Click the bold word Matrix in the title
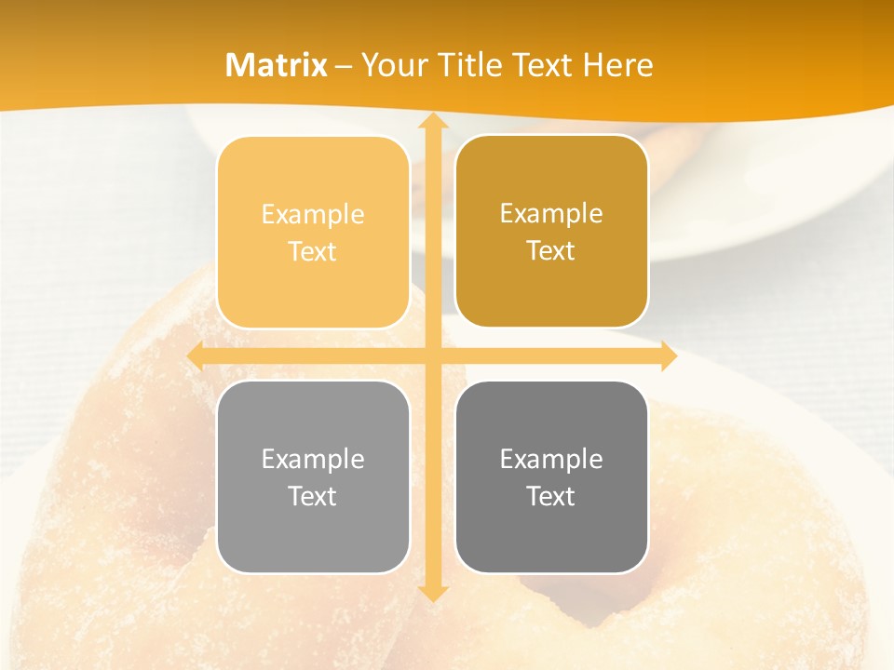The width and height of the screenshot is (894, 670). point(277,65)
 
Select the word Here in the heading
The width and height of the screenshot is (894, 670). point(617,65)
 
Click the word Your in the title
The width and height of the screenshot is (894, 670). point(392,65)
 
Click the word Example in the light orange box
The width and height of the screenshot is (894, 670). point(313,215)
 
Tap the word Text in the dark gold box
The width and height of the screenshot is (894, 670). point(551,251)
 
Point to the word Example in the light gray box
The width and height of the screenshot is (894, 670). point(313,459)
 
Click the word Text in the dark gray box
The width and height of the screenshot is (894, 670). point(551,496)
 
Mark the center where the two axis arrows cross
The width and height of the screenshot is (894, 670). point(432,355)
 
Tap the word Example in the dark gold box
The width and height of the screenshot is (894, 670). point(551,214)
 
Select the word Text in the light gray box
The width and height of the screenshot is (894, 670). point(313,496)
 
